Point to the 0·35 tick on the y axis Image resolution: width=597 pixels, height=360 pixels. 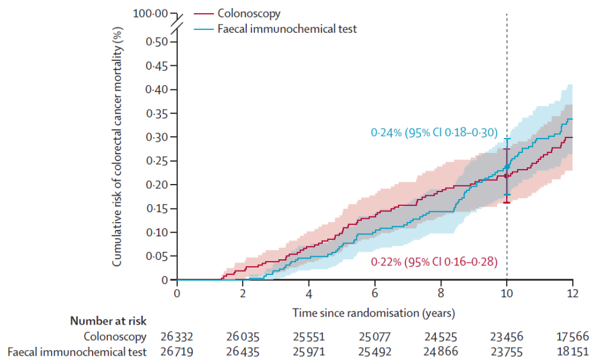[157, 113]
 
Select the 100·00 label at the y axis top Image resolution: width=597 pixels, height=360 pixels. [151, 13]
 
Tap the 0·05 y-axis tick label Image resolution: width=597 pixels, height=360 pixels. [157, 256]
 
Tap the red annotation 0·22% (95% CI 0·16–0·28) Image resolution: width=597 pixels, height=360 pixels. [433, 262]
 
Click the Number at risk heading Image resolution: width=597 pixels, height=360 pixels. [108, 321]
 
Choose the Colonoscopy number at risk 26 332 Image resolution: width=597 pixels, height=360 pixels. [177, 337]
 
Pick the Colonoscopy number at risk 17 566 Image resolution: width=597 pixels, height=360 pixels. [572, 337]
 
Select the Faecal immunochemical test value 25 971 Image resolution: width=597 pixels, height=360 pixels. [309, 352]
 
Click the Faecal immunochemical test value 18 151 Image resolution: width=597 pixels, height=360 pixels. [572, 352]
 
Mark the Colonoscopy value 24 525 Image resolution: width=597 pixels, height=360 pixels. [441, 337]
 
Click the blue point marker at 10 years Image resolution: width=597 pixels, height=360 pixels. [507, 166]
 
